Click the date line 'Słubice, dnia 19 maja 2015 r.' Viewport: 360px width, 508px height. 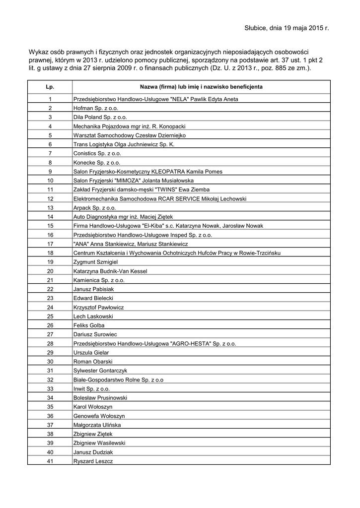(287, 28)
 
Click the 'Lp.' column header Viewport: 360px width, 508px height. (50, 87)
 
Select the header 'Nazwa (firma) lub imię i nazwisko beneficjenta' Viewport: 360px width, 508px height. (201, 87)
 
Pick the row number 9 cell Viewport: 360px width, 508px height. (50, 171)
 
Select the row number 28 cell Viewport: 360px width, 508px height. (50, 343)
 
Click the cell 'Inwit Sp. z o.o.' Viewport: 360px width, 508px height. (91, 388)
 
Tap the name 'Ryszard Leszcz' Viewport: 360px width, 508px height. (93, 461)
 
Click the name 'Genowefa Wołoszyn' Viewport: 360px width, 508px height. (99, 416)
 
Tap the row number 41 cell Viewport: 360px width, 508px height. (50, 461)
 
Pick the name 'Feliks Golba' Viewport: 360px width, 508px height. (88, 325)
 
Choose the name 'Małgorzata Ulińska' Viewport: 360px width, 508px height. (97, 425)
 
